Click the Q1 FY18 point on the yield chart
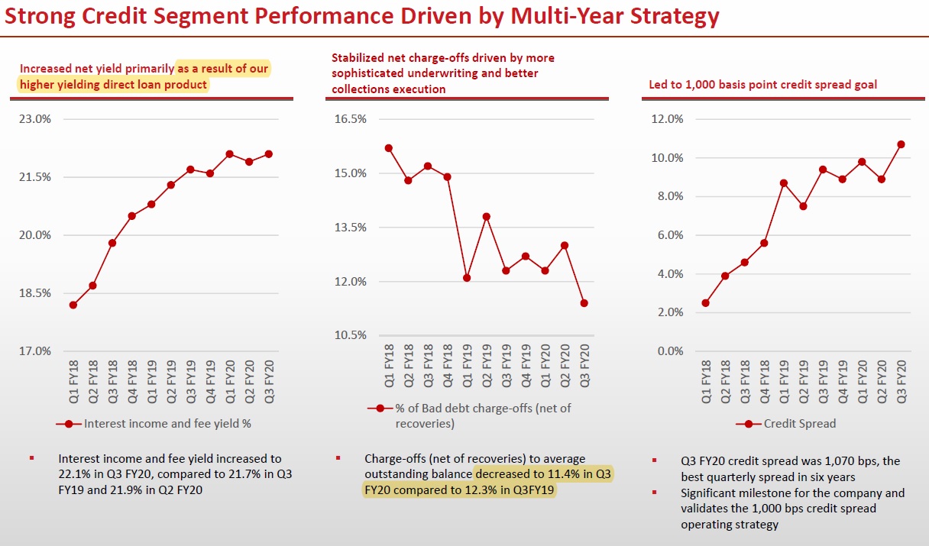[x=73, y=305]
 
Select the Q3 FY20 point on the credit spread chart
[x=901, y=144]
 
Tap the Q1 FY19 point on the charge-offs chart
[x=467, y=278]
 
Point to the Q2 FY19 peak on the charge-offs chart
[x=486, y=217]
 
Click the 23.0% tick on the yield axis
[x=35, y=119]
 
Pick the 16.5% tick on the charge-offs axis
[x=351, y=119]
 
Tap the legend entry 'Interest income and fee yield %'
[x=167, y=423]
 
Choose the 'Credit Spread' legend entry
[x=799, y=423]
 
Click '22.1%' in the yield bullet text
[x=74, y=474]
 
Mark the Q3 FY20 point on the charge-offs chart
[x=584, y=303]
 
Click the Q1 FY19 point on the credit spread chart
[x=784, y=183]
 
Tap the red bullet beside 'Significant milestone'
[x=654, y=493]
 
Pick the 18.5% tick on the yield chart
[x=35, y=293]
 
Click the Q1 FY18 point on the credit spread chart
[x=705, y=303]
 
